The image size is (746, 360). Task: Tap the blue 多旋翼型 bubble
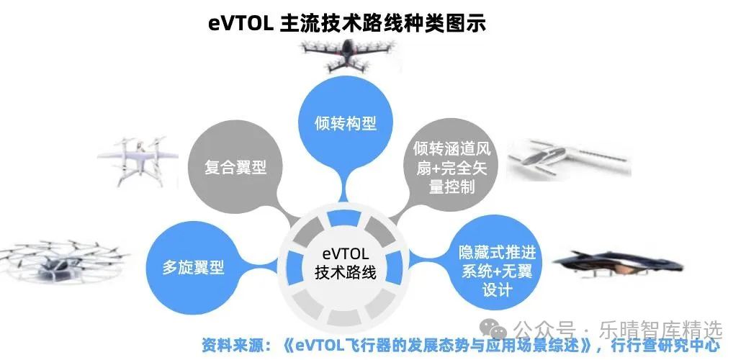click(192, 268)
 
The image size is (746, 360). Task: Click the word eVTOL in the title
click(240, 23)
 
